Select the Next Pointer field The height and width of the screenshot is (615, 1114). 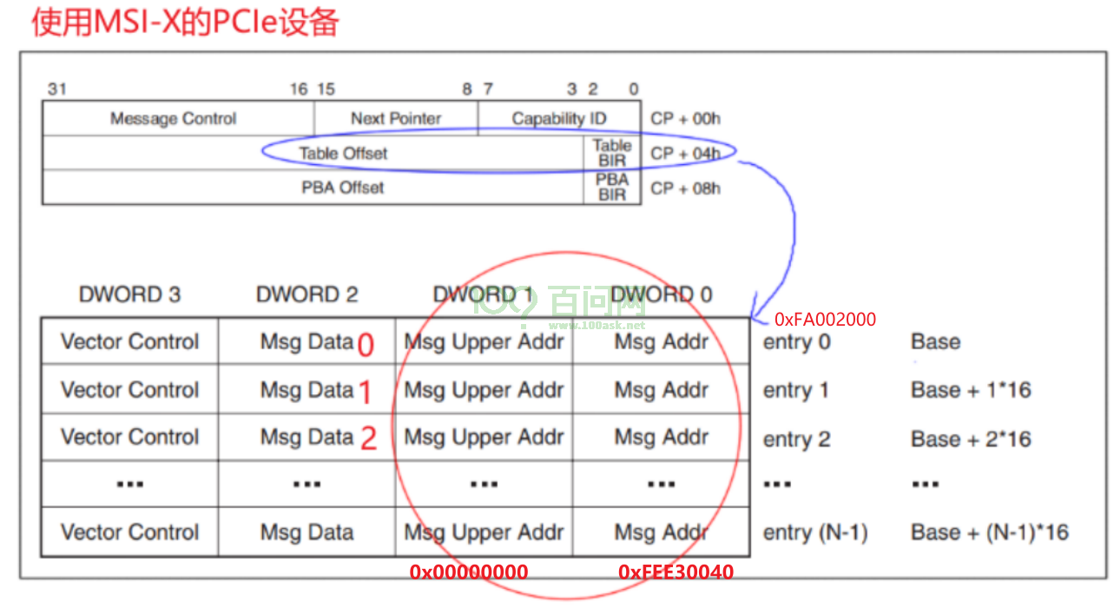(x=396, y=118)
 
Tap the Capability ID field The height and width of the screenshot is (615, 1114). (x=559, y=118)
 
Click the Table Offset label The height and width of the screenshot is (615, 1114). (x=343, y=153)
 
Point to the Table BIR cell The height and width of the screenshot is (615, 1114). (x=612, y=153)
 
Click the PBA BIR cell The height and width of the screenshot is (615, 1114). (x=612, y=187)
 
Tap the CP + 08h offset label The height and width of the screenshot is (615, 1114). (x=685, y=188)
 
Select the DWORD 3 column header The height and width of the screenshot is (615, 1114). (x=129, y=294)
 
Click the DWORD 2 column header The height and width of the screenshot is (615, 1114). (x=307, y=294)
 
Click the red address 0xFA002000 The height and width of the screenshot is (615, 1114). (x=825, y=320)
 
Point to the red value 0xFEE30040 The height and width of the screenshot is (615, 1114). (x=676, y=572)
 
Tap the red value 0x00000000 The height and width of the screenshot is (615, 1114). (x=469, y=572)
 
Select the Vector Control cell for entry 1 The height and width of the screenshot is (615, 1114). (x=129, y=389)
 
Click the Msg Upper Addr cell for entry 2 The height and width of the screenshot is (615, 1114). (x=484, y=437)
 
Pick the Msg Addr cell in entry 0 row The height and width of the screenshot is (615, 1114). (x=661, y=341)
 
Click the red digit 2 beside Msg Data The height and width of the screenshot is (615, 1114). (x=368, y=439)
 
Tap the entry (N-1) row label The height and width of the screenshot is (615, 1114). (x=815, y=532)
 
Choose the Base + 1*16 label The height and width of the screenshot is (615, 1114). (x=971, y=390)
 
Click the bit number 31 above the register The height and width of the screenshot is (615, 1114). (x=57, y=89)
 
